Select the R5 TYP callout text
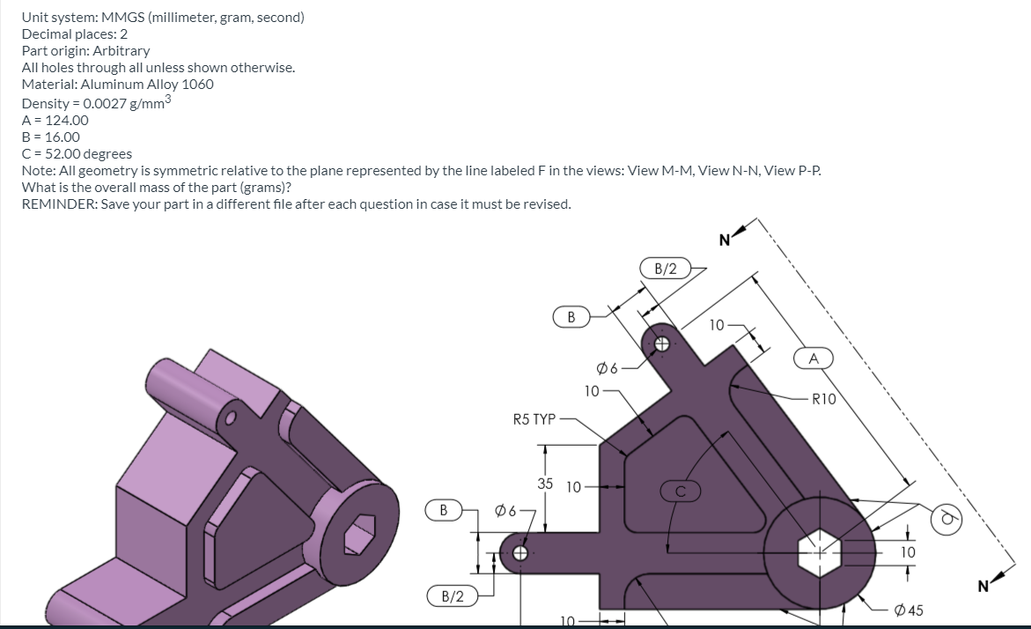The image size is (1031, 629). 534,419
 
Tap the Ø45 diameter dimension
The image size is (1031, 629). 908,610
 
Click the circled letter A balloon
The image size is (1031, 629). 814,359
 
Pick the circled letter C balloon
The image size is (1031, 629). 680,492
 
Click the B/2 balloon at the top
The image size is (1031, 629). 666,268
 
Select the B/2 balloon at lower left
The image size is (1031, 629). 452,596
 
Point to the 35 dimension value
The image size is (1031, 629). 545,483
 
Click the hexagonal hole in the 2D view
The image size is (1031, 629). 815,552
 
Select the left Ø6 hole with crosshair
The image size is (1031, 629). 519,554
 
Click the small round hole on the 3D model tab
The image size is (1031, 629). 232,418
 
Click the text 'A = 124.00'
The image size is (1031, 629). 55,120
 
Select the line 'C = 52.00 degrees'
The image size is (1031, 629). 77,153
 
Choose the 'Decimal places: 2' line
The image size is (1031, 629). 75,34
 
